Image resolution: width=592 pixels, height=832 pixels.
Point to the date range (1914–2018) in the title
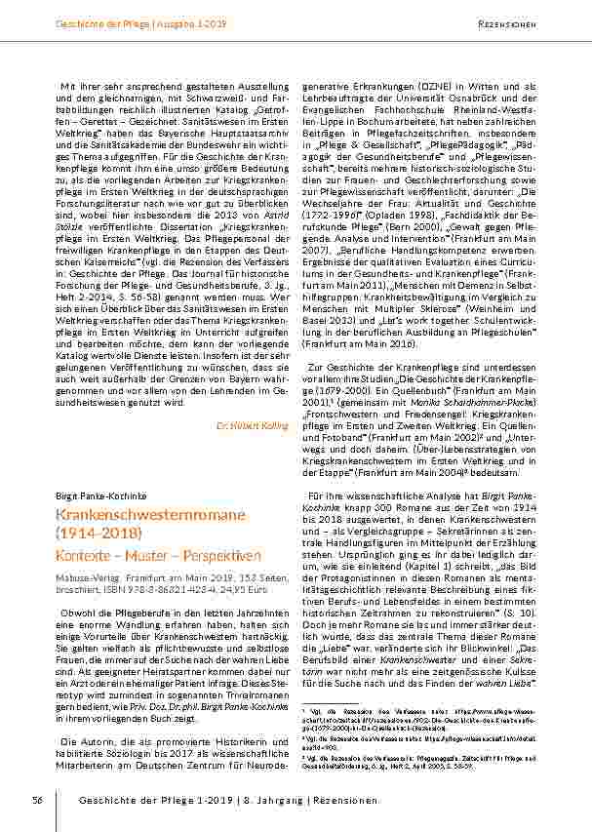pos(99,533)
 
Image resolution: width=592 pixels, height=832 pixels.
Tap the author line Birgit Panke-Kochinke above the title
pos(95,495)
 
